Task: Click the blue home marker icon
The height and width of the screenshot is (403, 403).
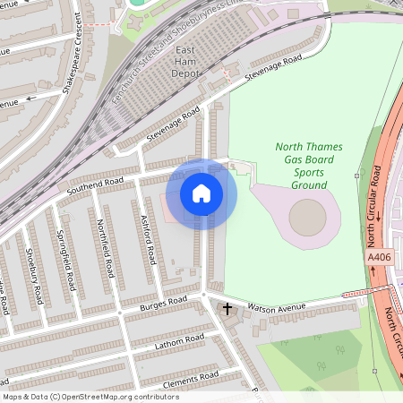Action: tap(201, 193)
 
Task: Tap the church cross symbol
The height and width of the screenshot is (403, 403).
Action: tap(227, 310)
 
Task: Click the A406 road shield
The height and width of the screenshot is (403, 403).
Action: tap(379, 257)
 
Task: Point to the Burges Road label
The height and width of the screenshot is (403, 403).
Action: tap(162, 305)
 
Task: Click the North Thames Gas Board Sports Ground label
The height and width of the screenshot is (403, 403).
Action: tap(302, 165)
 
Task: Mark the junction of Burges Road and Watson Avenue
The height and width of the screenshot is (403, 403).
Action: tap(204, 296)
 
